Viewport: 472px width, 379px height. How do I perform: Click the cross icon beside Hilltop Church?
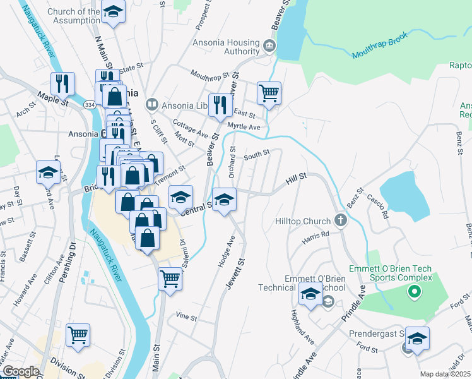341,221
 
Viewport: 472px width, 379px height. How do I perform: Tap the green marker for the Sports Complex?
414,292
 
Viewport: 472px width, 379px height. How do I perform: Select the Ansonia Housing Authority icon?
269,45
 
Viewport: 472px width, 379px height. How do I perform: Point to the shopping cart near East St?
268,93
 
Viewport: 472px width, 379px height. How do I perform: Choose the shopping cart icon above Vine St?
170,279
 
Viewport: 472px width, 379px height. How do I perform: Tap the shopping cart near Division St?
78,335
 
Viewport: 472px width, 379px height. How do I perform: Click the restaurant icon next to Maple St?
62,83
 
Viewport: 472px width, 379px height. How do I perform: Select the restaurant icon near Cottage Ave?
220,105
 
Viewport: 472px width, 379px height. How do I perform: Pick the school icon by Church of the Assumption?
113,12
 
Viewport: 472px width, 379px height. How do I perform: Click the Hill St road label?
295,180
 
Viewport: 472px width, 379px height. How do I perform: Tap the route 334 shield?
91,104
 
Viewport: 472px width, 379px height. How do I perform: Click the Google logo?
20,371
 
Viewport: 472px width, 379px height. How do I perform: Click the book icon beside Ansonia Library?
151,104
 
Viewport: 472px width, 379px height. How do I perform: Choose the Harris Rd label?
316,234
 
